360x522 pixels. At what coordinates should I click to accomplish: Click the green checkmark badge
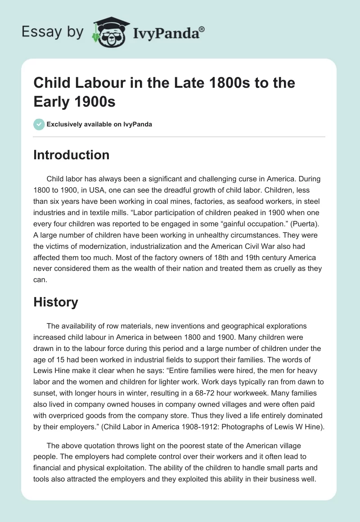point(39,124)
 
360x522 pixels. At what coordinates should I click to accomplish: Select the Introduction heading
point(71,155)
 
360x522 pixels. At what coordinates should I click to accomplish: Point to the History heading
point(56,302)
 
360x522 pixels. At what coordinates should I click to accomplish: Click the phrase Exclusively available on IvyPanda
point(99,124)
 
